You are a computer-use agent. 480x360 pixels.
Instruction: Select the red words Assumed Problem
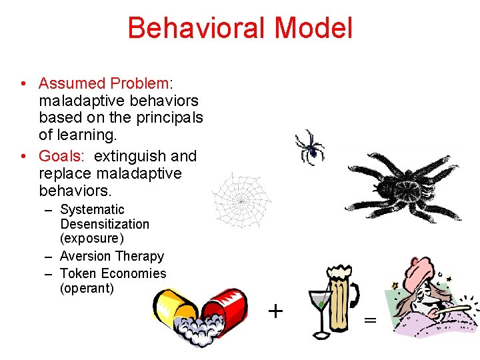[x=104, y=83]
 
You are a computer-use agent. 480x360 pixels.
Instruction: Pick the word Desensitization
[x=105, y=224]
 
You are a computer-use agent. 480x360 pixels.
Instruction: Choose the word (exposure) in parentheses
[x=92, y=239]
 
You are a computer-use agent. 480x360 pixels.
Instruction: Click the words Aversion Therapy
[x=112, y=256]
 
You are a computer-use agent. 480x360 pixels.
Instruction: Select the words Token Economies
[x=113, y=273]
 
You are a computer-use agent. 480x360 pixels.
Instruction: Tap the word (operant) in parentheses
[x=87, y=288]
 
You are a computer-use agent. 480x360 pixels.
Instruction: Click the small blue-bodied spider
[x=310, y=146]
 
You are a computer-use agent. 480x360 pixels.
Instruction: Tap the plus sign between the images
[x=275, y=311]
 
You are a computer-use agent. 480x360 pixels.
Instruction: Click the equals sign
[x=370, y=320]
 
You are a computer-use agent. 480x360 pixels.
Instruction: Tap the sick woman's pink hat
[x=420, y=267]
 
